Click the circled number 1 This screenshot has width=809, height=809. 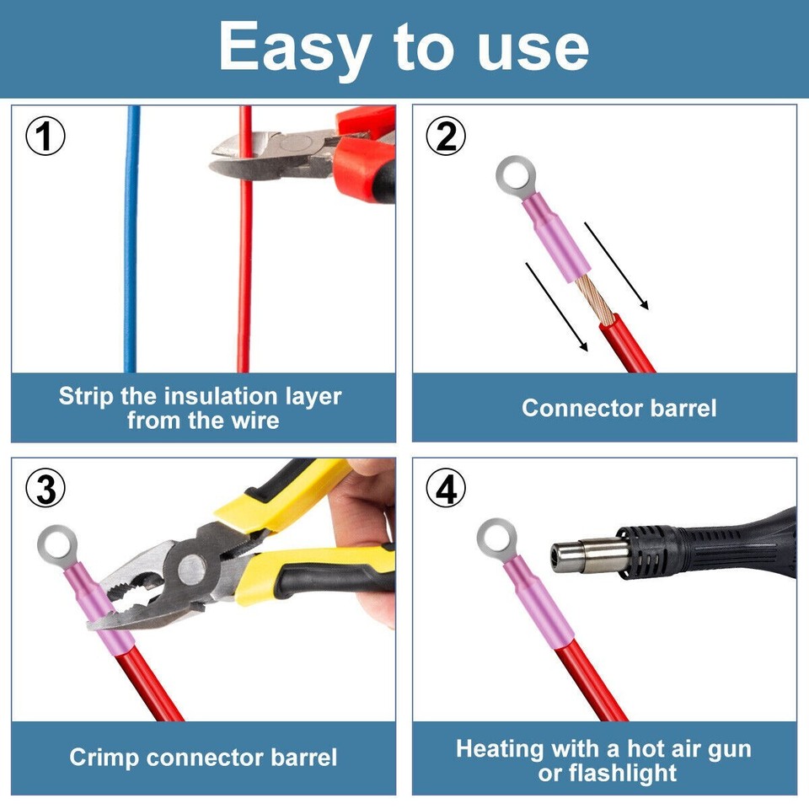(x=46, y=137)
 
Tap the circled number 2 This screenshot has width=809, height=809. (x=446, y=137)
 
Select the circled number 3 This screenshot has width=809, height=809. (x=46, y=490)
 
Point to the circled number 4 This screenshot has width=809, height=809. (x=446, y=490)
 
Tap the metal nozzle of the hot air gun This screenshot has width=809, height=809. (x=586, y=555)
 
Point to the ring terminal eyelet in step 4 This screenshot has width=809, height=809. (x=496, y=539)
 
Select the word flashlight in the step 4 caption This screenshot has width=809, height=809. (x=624, y=773)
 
